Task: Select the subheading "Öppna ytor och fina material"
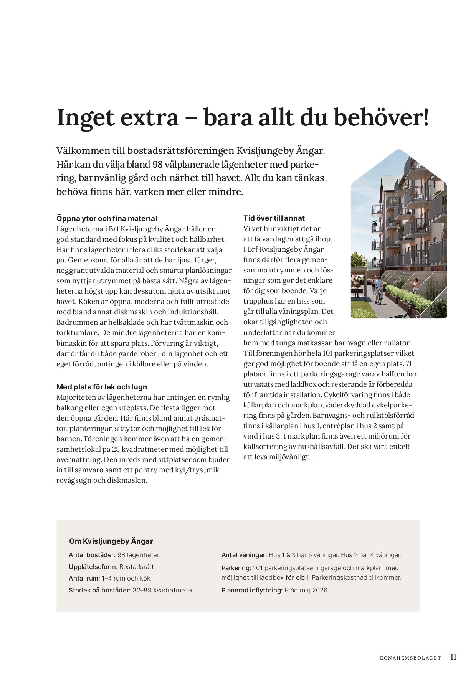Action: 107,218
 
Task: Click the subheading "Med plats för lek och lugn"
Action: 102,387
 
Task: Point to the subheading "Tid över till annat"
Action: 274,218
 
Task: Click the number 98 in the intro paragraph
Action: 157,164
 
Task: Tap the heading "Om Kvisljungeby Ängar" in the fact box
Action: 111,541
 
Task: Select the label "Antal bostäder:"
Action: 92,555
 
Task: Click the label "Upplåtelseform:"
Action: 93,567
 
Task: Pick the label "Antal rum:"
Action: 84,578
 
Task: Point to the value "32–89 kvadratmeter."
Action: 163,590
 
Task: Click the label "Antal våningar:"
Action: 244,555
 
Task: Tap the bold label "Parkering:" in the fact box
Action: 236,568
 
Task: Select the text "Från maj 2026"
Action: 306,590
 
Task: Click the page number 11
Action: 453,657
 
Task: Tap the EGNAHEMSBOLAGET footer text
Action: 410,658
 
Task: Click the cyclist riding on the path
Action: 379,290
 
